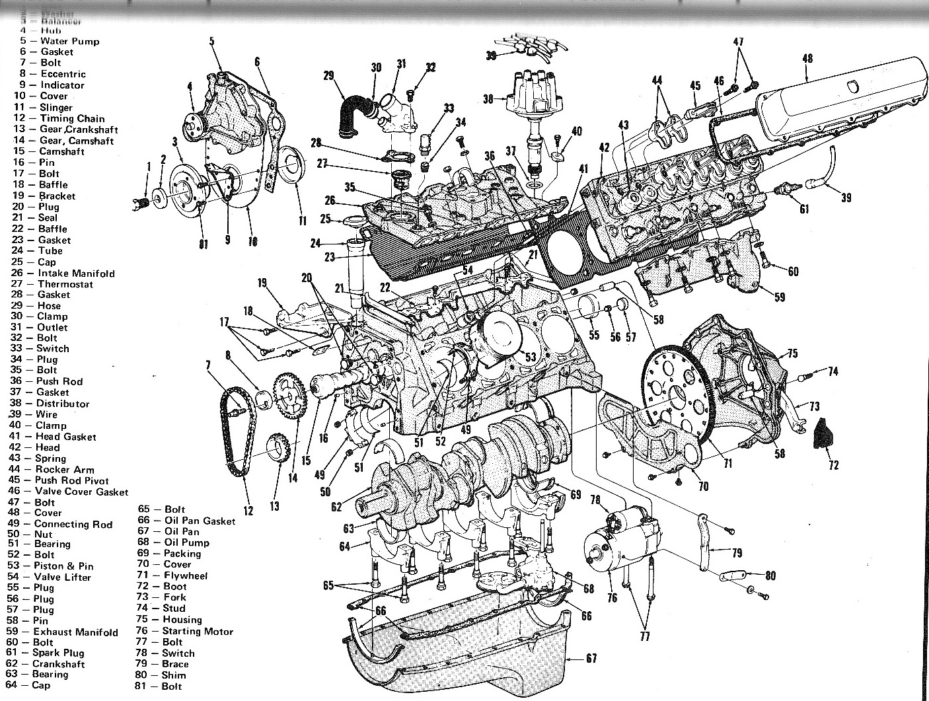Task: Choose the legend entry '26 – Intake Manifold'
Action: [x=63, y=273]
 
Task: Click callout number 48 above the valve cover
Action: [x=807, y=58]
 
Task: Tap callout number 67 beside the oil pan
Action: [x=591, y=658]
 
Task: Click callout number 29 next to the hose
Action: [x=328, y=76]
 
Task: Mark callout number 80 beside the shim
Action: [x=770, y=575]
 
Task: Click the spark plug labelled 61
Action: [x=788, y=191]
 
